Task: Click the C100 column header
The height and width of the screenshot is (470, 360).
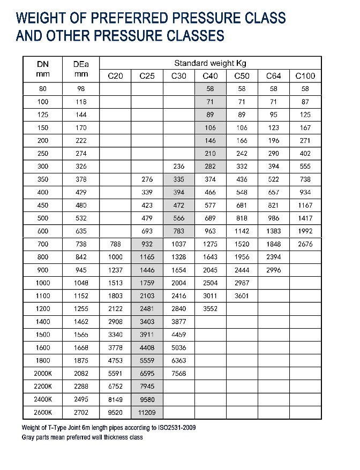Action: (305, 76)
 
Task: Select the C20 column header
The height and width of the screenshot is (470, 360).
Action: (115, 76)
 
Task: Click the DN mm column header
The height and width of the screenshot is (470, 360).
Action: (42, 69)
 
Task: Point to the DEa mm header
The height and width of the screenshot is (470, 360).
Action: (81, 69)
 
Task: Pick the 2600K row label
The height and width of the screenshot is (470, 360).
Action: (42, 413)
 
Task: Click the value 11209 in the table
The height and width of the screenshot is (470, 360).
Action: (147, 413)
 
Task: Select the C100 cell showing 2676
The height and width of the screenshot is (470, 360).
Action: (305, 244)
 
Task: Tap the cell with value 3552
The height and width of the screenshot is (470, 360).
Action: (210, 309)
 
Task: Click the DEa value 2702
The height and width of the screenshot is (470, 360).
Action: (81, 413)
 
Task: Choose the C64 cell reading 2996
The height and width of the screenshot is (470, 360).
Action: (273, 270)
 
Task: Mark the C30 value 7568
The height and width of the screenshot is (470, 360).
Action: (178, 374)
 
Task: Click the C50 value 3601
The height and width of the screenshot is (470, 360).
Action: (242, 296)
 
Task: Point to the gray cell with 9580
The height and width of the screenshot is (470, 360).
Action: (147, 400)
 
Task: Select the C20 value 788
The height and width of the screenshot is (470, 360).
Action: (115, 244)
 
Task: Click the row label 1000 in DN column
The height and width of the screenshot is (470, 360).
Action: (42, 283)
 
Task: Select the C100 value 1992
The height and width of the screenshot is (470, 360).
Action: (305, 231)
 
